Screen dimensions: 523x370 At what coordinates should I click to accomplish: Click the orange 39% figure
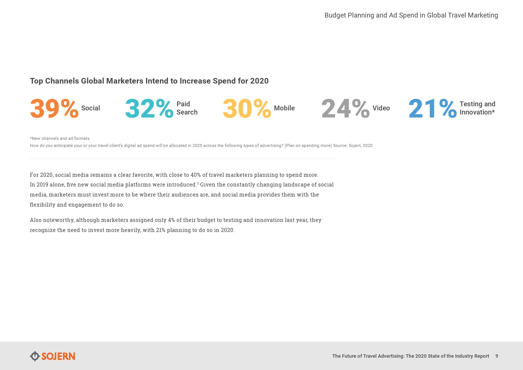click(54, 108)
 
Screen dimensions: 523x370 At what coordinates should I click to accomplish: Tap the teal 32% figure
click(149, 108)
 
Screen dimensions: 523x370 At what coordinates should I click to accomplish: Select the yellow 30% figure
click(247, 108)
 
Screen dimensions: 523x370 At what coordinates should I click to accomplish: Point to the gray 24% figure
click(345, 108)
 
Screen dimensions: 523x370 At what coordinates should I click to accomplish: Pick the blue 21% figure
click(433, 108)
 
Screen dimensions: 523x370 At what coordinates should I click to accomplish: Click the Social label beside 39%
click(91, 108)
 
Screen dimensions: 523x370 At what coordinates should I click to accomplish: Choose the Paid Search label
click(187, 108)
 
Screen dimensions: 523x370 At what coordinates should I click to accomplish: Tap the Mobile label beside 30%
click(284, 108)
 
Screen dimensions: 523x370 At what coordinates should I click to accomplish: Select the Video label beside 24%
click(381, 108)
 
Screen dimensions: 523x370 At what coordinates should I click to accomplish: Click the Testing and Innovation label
click(478, 108)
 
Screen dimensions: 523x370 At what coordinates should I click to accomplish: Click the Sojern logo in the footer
click(53, 356)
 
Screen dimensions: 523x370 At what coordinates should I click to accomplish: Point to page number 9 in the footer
click(497, 356)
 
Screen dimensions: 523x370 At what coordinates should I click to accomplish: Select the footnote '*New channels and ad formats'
click(60, 138)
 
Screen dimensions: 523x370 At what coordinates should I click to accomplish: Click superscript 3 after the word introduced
click(198, 184)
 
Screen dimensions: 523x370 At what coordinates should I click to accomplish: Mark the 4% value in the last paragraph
click(171, 220)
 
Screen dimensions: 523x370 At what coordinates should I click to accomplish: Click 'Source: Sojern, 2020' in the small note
click(353, 145)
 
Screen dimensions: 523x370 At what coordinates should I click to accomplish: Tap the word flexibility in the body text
click(42, 205)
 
